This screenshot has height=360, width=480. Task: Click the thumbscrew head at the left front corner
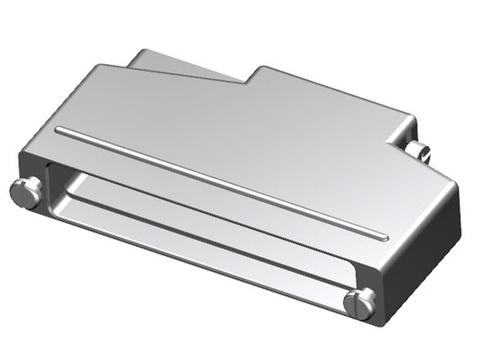click(29, 192)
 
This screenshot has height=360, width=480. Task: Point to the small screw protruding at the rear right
click(419, 152)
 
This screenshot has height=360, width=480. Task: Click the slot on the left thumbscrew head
click(27, 193)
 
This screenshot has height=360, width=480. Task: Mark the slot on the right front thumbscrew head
click(360, 303)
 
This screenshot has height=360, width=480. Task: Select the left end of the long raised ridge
click(60, 130)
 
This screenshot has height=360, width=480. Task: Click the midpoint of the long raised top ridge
click(221, 183)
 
